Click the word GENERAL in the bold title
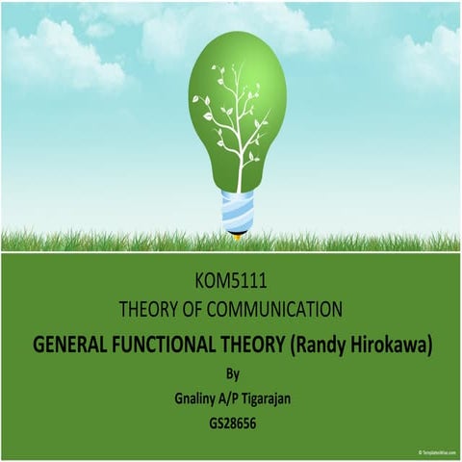[x=75, y=345]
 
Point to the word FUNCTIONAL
[x=169, y=345]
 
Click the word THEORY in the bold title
[x=253, y=345]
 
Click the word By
[x=230, y=373]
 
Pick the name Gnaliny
[x=183, y=398]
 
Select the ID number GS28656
[x=230, y=422]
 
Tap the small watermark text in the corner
[x=438, y=451]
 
